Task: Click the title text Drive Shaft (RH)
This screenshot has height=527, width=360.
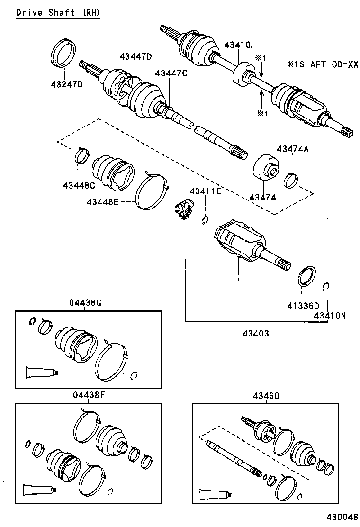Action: click(58, 13)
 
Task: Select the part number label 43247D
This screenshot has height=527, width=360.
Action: click(67, 85)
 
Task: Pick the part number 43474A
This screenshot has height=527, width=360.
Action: click(292, 149)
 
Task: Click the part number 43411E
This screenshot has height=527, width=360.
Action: click(205, 191)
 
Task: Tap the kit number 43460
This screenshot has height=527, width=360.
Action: click(266, 395)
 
